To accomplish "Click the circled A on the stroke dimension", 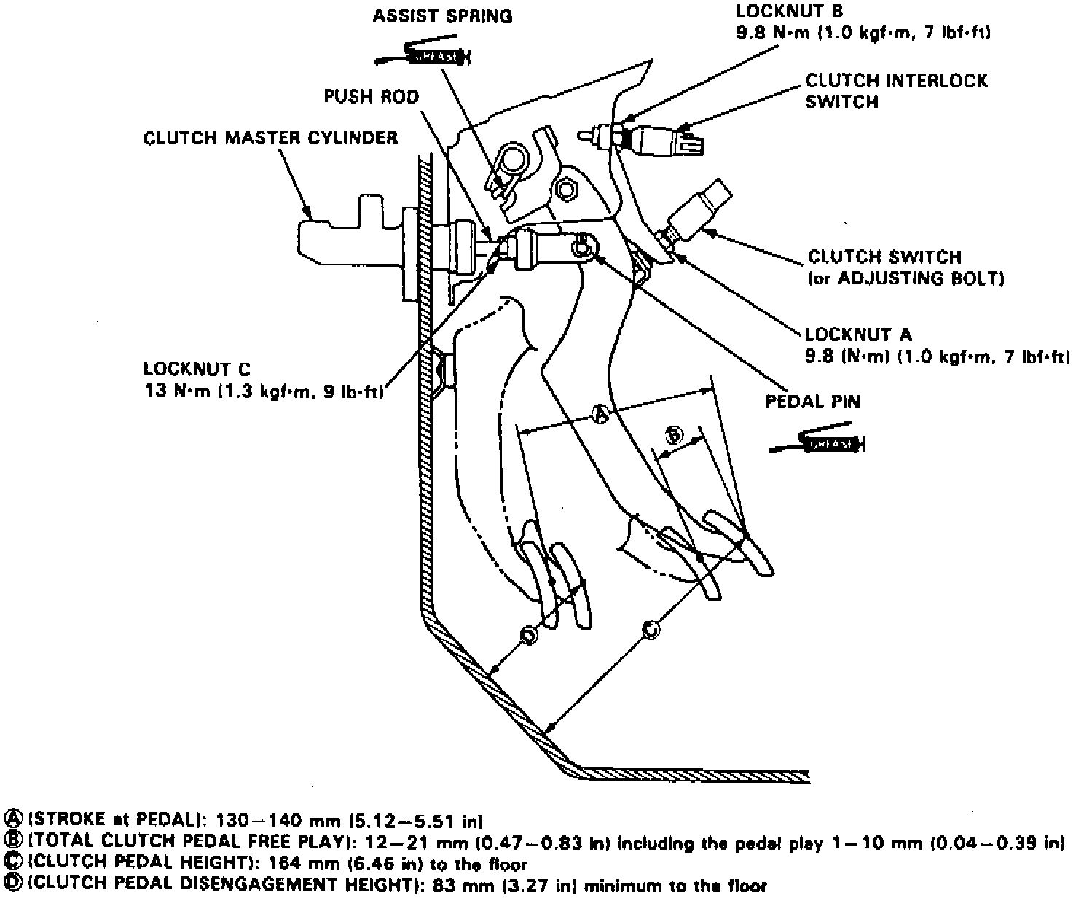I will click(601, 414).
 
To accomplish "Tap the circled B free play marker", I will click(675, 435).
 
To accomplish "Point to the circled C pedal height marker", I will click(651, 628).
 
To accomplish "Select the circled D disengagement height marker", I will click(528, 636).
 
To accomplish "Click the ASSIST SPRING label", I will click(442, 16).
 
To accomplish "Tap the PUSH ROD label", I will click(372, 97).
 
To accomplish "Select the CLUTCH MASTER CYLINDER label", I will click(270, 138).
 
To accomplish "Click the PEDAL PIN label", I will click(812, 402).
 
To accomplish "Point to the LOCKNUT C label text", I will click(197, 369).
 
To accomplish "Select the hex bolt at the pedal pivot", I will click(566, 190).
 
